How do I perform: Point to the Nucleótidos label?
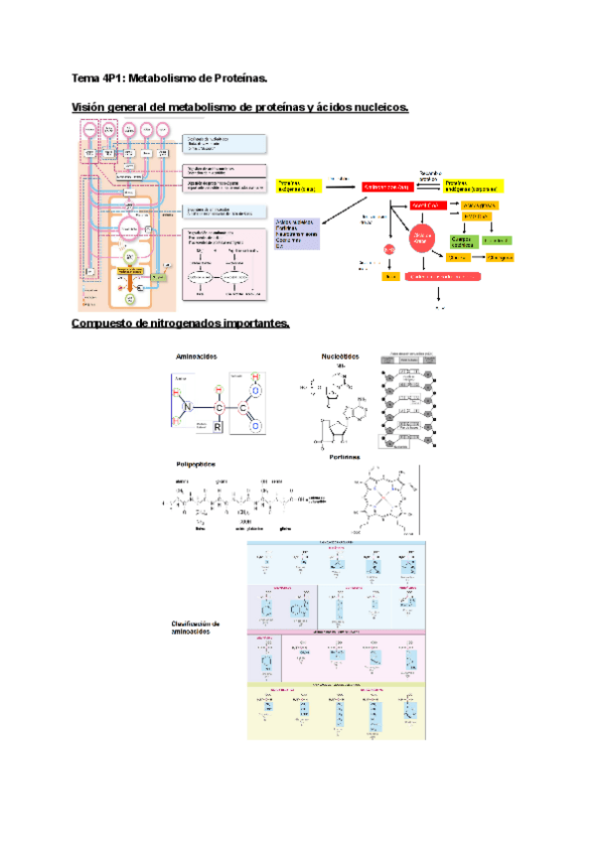pos(341,356)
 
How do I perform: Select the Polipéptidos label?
pos(196,464)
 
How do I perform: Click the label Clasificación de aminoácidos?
pos(202,628)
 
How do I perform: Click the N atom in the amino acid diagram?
pos(187,407)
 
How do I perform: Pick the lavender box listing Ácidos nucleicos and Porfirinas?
pos(296,234)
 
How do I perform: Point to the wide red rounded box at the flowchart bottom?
pos(438,276)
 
